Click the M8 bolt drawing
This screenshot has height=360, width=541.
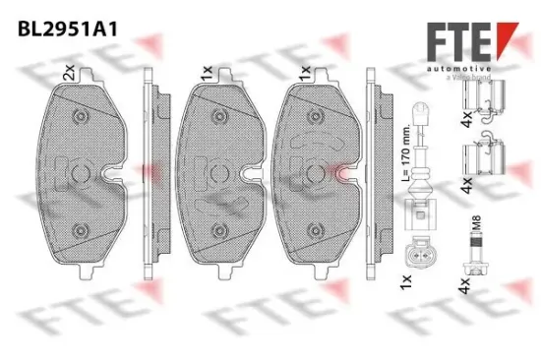tap(479, 259)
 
